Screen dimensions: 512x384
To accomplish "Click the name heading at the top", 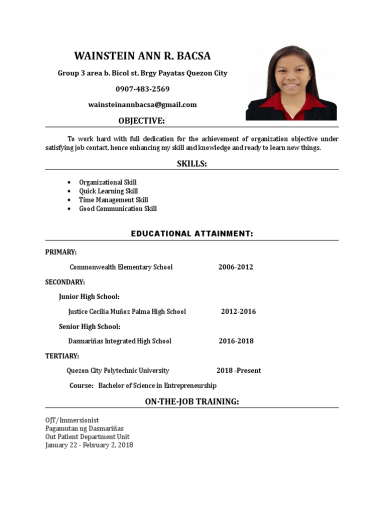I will click(142, 55).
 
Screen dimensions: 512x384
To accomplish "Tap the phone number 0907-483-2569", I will click(142, 89).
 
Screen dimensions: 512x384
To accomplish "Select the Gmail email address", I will click(142, 104).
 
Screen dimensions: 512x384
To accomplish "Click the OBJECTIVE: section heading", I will click(141, 121).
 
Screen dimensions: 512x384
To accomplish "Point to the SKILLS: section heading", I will click(191, 163).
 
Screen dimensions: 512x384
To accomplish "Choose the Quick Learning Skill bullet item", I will click(108, 191).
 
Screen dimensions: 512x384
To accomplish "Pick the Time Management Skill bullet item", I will click(113, 200).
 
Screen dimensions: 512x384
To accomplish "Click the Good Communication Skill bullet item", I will click(117, 208).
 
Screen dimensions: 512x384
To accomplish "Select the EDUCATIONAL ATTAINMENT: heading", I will click(192, 233).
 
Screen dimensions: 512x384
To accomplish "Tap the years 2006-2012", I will click(235, 267).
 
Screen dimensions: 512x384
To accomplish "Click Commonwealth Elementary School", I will click(121, 267).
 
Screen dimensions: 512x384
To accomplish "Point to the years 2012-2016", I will click(238, 311).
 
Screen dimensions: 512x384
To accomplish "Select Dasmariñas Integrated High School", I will click(119, 341).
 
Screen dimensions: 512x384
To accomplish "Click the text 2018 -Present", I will click(238, 370).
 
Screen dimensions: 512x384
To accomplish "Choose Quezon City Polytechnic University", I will click(118, 370).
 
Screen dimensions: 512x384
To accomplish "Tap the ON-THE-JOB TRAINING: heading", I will click(192, 401).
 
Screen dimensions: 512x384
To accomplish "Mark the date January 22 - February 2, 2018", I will click(89, 445).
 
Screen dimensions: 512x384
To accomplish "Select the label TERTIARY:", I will click(62, 356).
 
